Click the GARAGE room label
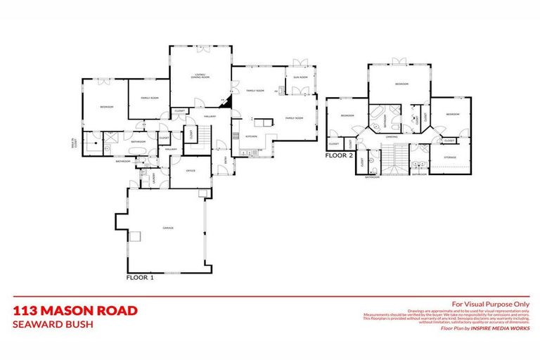click(x=169, y=228)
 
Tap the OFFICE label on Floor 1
click(x=189, y=171)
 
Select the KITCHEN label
click(x=251, y=136)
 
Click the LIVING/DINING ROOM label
click(x=201, y=76)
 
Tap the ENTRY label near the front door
click(x=226, y=161)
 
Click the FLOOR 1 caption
click(x=140, y=278)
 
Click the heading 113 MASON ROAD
click(x=75, y=310)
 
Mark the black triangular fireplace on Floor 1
click(x=226, y=103)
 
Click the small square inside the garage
click(x=137, y=236)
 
